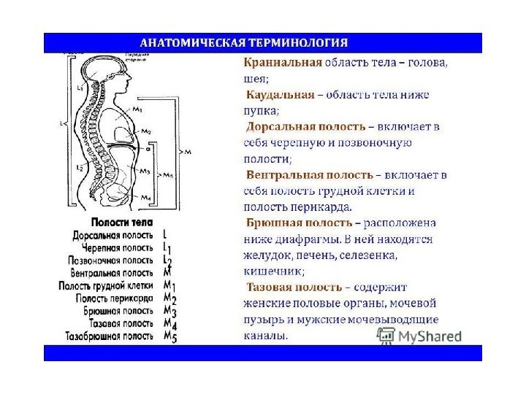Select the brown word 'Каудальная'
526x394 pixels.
tap(279, 95)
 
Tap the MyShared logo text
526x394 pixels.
tap(430, 337)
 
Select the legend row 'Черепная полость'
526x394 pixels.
tap(116, 247)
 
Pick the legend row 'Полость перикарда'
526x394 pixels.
tap(114, 298)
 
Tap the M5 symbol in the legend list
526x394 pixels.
tap(169, 337)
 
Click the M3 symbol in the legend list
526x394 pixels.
tap(169, 311)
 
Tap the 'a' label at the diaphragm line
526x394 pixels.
tap(148, 148)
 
